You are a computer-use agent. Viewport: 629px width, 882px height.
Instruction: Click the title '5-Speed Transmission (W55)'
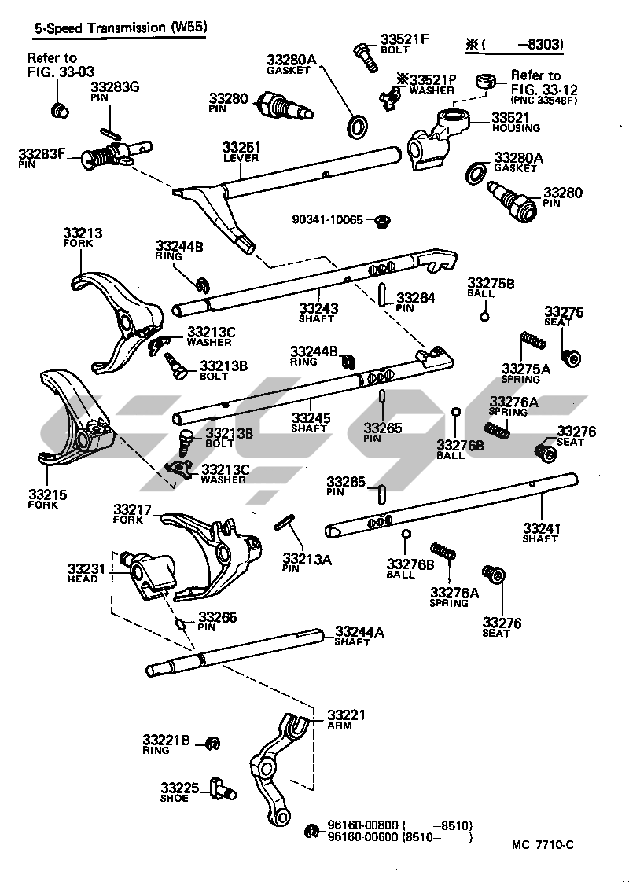[118, 28]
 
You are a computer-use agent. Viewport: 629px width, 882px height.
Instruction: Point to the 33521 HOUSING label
[516, 122]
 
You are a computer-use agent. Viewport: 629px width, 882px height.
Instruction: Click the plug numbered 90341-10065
[384, 219]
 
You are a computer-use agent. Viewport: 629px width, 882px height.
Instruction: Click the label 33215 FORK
[47, 499]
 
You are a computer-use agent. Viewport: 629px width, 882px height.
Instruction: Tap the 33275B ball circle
[484, 317]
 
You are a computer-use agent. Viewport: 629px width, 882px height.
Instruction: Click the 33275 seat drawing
[571, 357]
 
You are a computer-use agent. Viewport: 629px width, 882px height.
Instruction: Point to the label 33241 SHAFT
[541, 532]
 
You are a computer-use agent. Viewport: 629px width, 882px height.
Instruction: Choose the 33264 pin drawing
[383, 294]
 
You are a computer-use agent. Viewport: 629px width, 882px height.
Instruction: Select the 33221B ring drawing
[212, 743]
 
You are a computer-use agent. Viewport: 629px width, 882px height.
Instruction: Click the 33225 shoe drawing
[223, 788]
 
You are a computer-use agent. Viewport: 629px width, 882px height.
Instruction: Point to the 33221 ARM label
[346, 719]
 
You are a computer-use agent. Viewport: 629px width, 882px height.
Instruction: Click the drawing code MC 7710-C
[543, 844]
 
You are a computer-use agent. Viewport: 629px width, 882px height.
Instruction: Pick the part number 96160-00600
[363, 837]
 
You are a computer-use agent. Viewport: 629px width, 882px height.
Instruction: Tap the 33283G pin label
[115, 90]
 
